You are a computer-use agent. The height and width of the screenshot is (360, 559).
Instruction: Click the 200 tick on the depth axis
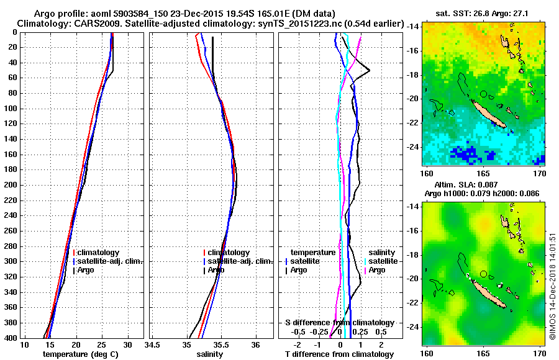(12, 185)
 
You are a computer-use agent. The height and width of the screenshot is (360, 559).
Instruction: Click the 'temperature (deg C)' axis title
(80, 354)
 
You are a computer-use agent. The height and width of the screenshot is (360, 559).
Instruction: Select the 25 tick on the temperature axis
(102, 344)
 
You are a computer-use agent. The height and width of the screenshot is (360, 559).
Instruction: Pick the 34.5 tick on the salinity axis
(152, 344)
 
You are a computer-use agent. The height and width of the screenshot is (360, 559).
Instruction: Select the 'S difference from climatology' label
(339, 323)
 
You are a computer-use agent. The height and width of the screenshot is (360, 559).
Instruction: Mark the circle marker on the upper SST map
(483, 94)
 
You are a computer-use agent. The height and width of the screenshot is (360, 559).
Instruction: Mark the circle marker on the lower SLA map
(483, 274)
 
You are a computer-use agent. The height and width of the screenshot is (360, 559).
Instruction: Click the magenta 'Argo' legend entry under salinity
(378, 270)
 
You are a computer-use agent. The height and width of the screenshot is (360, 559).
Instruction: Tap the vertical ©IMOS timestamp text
(552, 286)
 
